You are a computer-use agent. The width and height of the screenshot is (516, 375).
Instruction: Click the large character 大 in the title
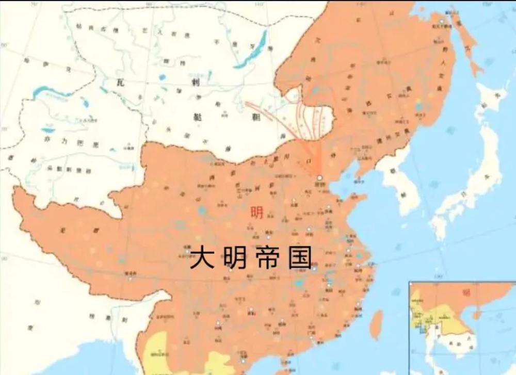coord(203,257)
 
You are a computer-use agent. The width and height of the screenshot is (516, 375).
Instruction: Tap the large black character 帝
coord(267,257)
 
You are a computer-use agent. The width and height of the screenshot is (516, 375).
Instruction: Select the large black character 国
coord(300,257)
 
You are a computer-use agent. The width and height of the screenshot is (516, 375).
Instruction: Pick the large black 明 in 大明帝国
coord(235,257)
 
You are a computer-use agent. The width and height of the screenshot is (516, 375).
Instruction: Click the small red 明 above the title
coord(256,213)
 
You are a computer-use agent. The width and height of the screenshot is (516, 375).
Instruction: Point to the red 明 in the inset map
coord(466,292)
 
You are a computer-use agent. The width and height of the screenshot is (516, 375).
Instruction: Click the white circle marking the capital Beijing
coord(319,177)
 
